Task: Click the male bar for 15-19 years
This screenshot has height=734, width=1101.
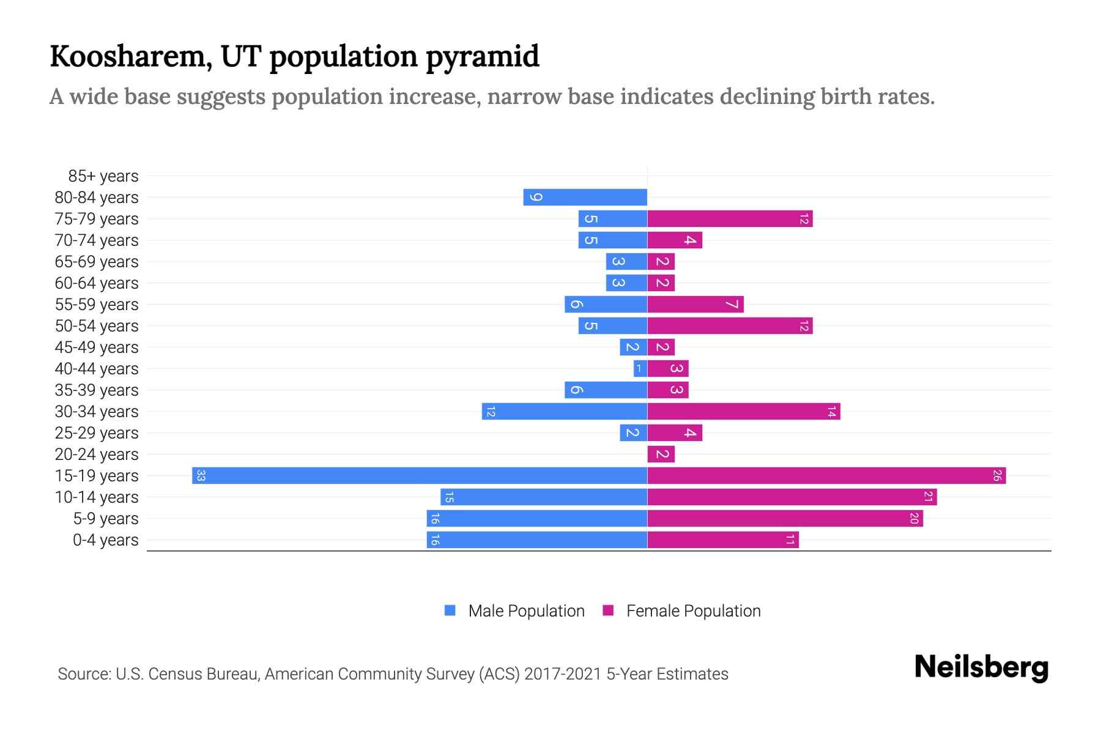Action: coord(420,475)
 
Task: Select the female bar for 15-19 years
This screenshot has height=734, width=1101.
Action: coord(826,475)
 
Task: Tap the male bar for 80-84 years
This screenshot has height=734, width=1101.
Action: coord(585,197)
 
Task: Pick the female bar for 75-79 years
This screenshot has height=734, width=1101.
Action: coord(730,218)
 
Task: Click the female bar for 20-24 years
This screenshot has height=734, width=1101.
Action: coord(661,454)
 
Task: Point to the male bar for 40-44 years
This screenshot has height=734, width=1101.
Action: coord(640,368)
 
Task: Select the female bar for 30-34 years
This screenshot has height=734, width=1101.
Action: coord(743,411)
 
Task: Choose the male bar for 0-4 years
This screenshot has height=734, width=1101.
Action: coord(536,539)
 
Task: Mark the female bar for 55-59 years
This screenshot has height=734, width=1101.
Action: coord(695,304)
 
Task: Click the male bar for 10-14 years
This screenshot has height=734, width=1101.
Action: coord(543,497)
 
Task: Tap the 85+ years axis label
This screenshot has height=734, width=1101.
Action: coord(103,176)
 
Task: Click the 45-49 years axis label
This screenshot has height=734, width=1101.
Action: coord(97,347)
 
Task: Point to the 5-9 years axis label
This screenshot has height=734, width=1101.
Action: coord(105,519)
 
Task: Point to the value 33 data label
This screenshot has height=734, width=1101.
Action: coord(201,475)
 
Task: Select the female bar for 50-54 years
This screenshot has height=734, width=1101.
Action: coord(730,325)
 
